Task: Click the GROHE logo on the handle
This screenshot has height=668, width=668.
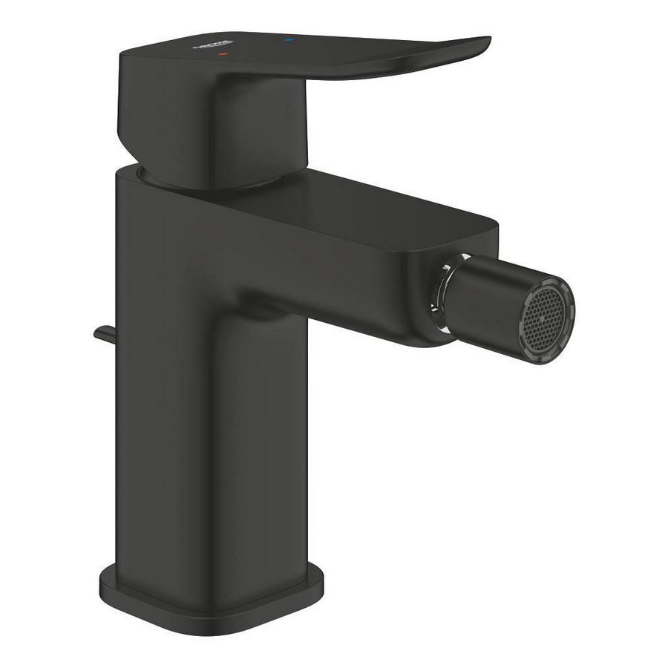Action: click(212, 45)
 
